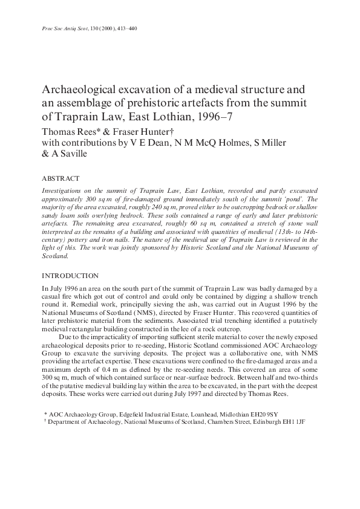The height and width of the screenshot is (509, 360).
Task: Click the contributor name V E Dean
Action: tap(139, 143)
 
